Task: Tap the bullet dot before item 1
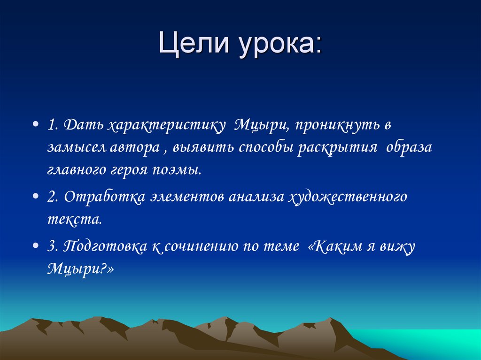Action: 36,126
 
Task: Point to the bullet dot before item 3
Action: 36,246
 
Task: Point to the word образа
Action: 409,148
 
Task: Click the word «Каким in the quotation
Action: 330,245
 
